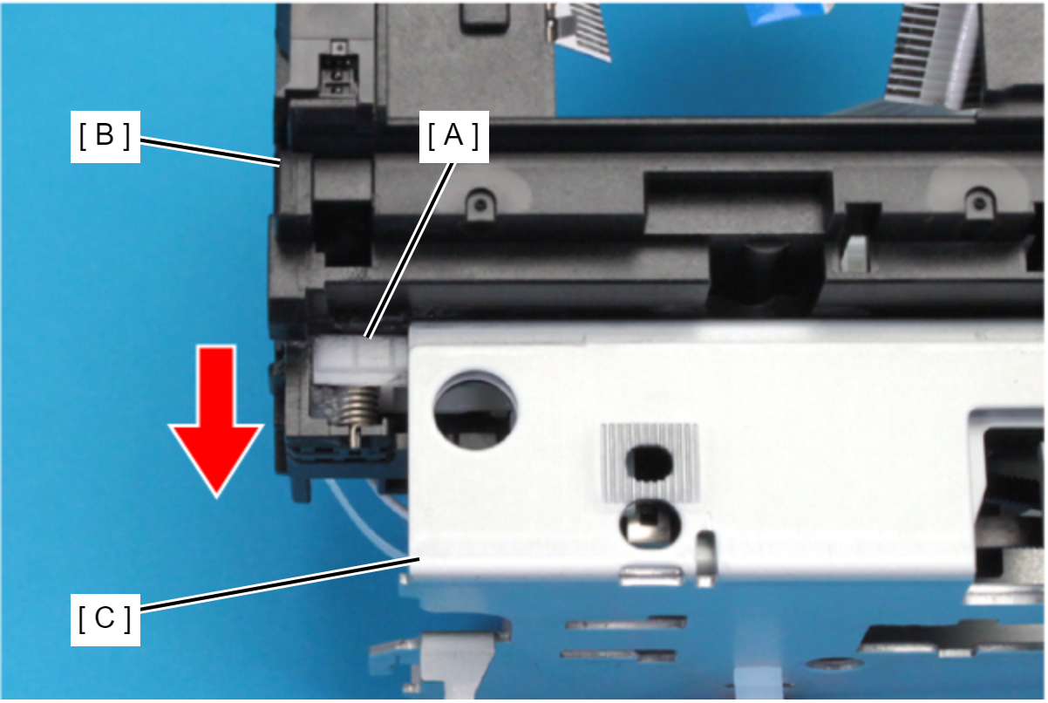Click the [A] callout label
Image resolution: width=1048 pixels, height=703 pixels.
(454, 137)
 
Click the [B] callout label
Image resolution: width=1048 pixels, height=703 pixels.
(105, 137)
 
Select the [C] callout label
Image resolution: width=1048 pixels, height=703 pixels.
(105, 619)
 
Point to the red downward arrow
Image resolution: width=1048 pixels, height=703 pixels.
(216, 421)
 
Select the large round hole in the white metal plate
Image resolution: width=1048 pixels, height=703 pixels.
(475, 412)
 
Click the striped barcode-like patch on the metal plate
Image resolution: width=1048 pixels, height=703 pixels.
(650, 462)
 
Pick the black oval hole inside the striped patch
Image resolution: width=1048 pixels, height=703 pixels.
(650, 463)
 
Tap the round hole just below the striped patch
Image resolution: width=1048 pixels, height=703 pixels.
(650, 522)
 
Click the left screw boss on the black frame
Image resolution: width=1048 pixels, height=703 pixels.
(480, 203)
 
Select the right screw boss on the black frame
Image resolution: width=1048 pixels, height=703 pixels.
(980, 202)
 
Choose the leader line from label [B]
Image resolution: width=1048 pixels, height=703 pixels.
(210, 151)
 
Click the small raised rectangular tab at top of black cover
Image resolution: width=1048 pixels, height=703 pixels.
(484, 17)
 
